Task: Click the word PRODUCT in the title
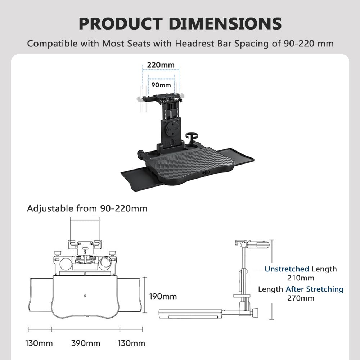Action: [121, 24]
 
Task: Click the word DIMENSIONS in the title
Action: [225, 24]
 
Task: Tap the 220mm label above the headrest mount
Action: [161, 65]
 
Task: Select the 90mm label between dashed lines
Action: [161, 85]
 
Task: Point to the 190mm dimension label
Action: [163, 296]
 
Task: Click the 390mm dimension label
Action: [86, 343]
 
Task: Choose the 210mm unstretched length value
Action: [301, 278]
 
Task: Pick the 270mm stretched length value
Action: [301, 298]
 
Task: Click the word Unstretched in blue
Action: [287, 269]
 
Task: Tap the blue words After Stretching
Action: [315, 289]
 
